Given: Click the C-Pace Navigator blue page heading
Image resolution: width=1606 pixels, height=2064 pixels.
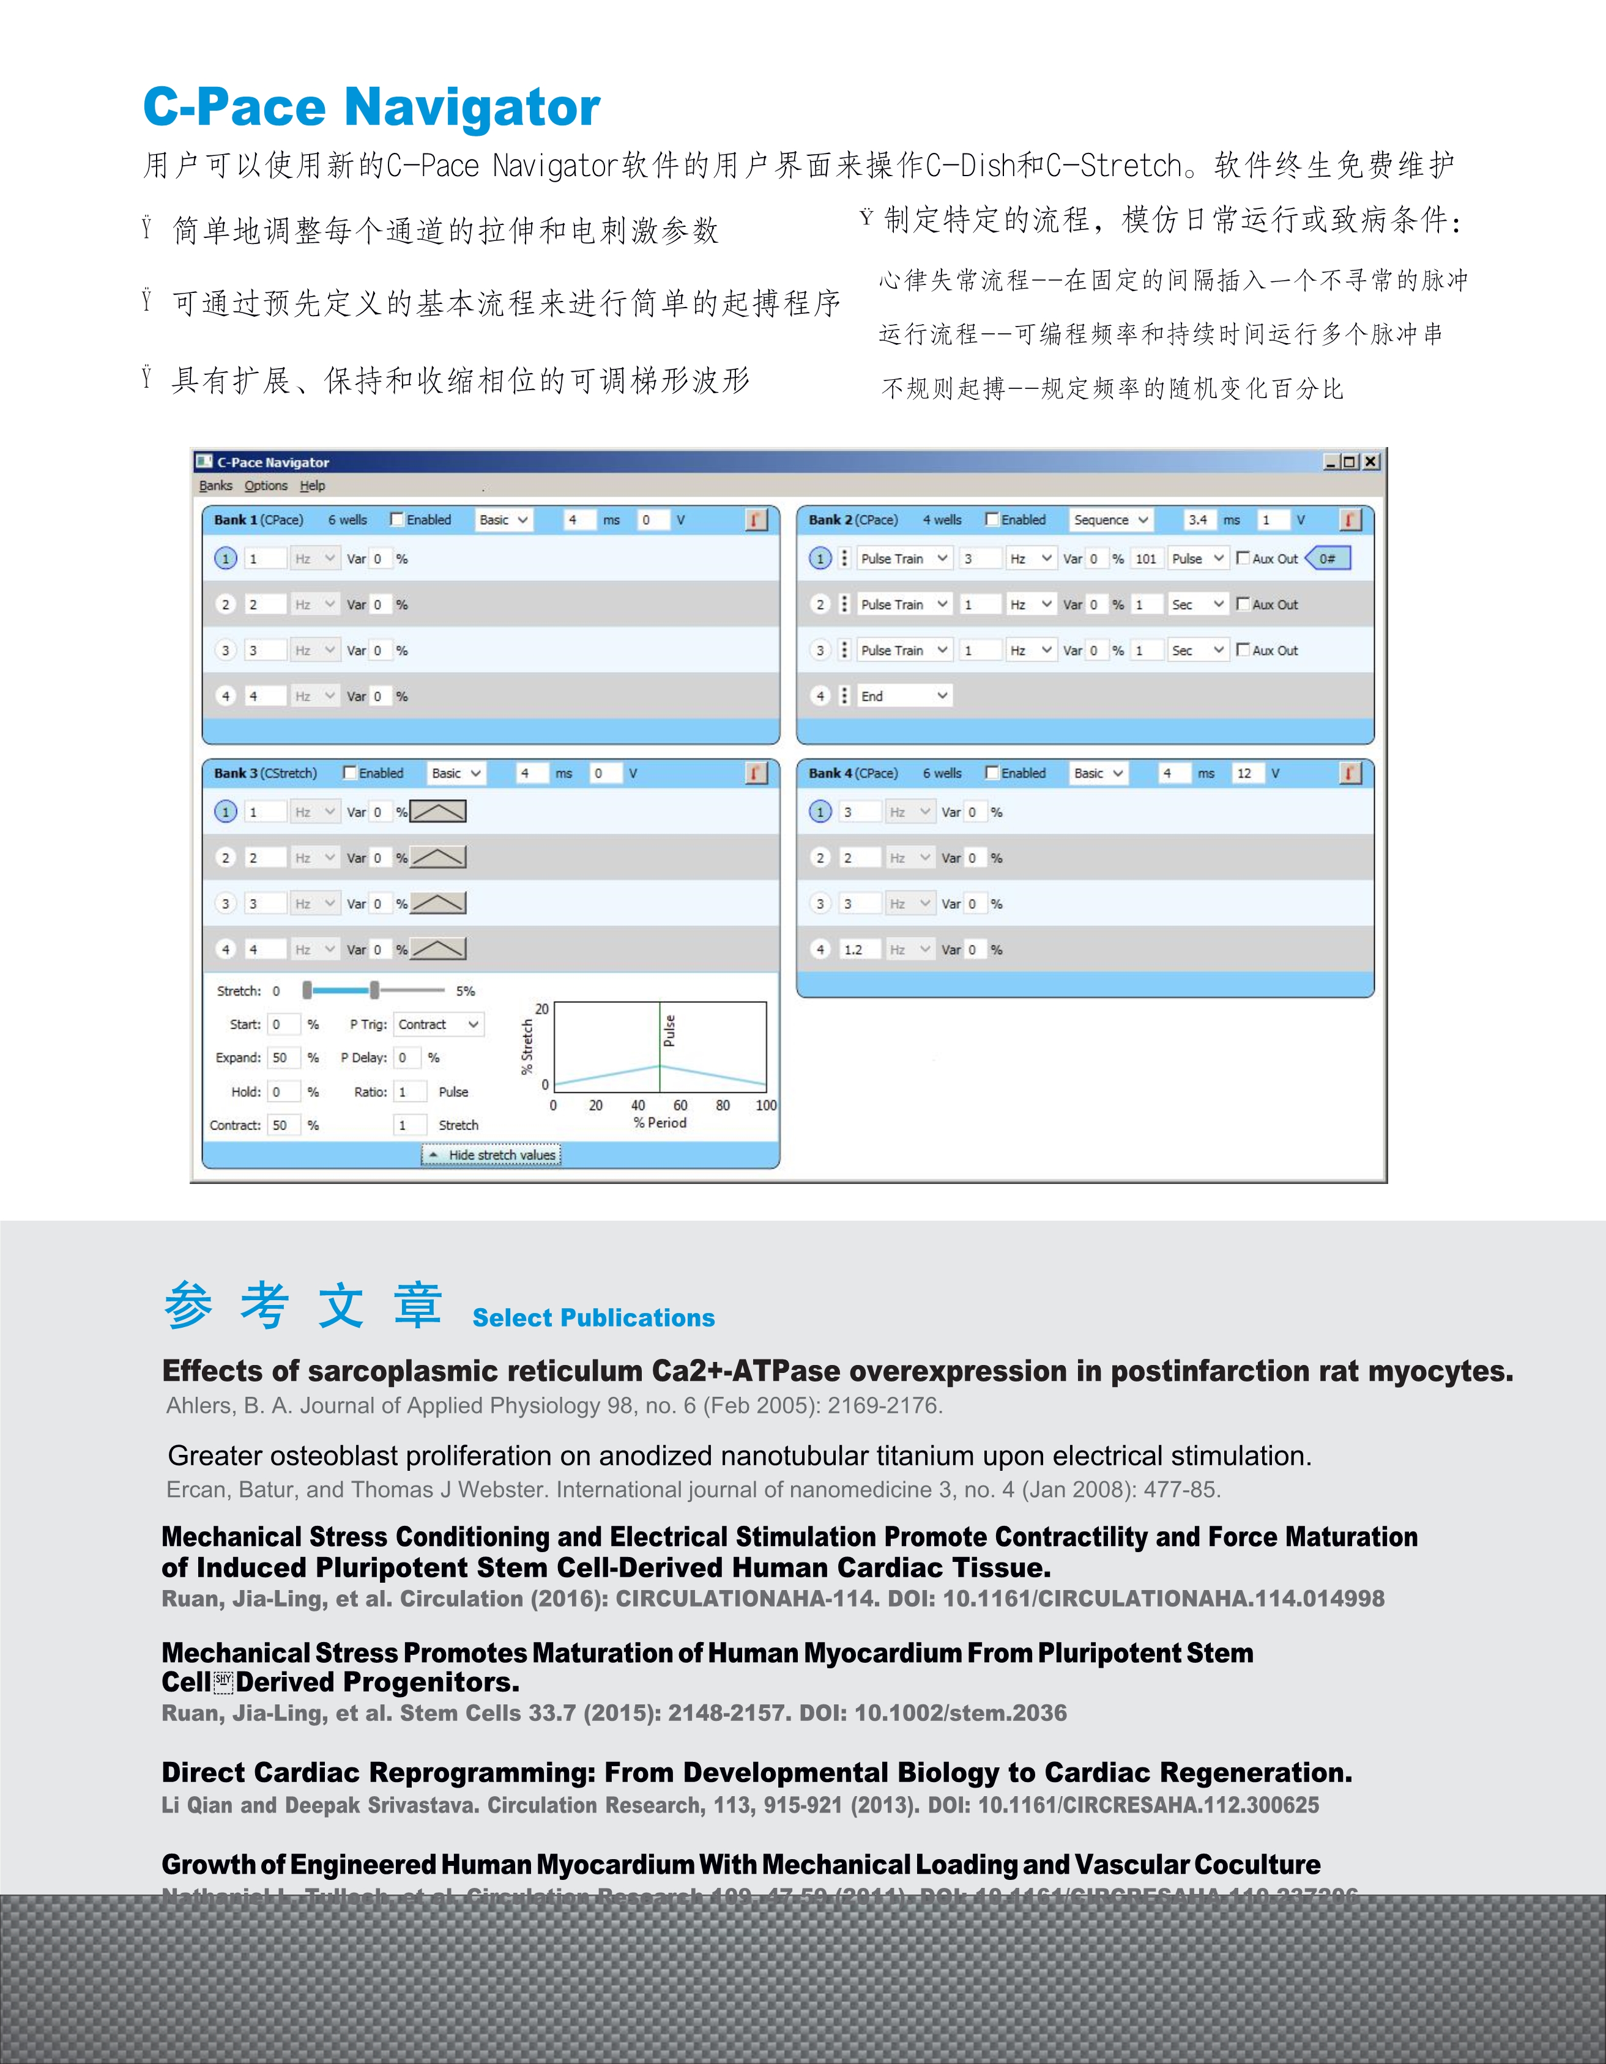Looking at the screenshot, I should [371, 107].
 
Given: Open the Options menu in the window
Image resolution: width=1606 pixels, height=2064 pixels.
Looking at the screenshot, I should [266, 486].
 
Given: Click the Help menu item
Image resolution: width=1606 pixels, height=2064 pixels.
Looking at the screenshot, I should [312, 486].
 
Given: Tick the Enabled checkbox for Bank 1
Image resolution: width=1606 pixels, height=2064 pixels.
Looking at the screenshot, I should [397, 519].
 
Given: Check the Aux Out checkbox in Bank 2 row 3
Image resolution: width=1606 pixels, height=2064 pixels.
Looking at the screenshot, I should [1243, 649].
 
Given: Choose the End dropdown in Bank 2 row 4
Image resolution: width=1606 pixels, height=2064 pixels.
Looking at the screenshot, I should [903, 695].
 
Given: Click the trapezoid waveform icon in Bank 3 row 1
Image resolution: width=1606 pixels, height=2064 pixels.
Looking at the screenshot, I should [437, 811].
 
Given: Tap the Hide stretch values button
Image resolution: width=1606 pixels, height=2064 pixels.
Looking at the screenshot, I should [491, 1155].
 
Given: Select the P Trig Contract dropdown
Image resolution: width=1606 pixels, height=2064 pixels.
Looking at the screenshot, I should [439, 1024].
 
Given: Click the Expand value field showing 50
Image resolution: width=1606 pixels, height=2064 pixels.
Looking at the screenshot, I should [281, 1057].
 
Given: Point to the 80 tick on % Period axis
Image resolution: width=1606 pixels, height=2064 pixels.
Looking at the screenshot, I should [722, 1104].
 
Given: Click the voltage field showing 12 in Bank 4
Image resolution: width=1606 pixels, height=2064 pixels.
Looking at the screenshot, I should [1245, 773].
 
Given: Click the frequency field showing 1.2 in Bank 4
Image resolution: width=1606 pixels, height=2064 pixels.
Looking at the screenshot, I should [857, 950].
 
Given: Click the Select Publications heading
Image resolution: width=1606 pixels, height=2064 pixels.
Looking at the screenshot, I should [593, 1317].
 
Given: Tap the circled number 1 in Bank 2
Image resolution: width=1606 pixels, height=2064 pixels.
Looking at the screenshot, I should [820, 558].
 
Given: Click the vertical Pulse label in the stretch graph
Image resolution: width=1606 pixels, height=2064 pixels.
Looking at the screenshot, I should [669, 1030].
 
